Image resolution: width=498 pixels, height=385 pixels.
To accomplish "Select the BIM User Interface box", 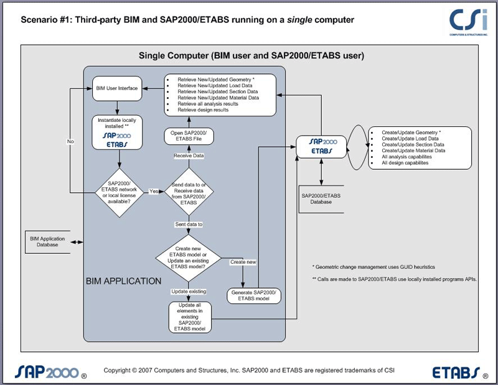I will (117, 88).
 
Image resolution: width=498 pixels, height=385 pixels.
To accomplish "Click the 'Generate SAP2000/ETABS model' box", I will (253, 296).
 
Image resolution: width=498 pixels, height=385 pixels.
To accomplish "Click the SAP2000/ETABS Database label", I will (321, 198).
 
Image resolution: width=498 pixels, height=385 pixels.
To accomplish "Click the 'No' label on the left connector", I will (70, 142).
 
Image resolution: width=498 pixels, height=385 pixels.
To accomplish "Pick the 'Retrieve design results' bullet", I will (203, 110).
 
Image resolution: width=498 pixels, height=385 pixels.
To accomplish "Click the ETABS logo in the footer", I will (458, 373).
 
